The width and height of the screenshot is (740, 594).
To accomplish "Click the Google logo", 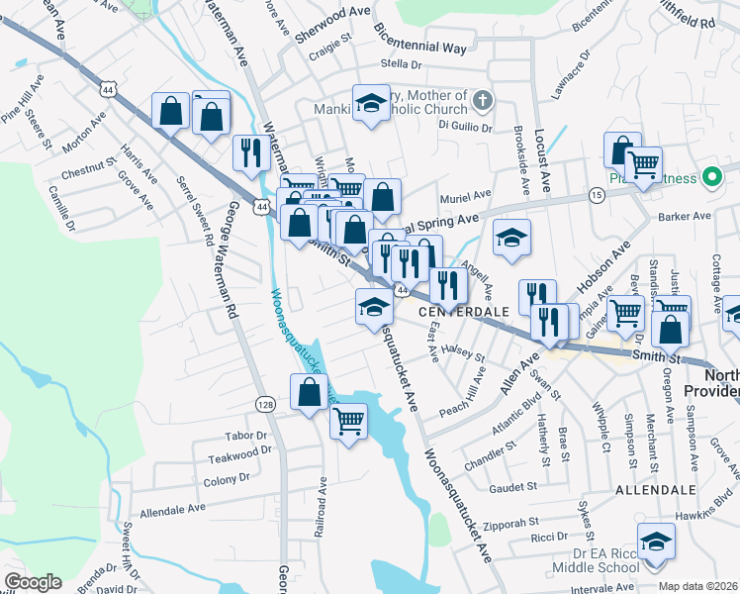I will tap(33, 582).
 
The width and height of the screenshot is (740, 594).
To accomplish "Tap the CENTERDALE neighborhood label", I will tap(463, 311).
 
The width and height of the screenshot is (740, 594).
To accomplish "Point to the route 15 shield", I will tap(596, 196).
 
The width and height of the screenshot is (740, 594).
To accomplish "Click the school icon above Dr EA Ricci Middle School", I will tap(655, 543).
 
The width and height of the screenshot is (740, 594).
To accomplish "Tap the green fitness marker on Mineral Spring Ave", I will tap(709, 178).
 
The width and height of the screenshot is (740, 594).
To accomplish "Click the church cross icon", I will tap(483, 100).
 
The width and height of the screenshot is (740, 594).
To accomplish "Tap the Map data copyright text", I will tap(698, 586).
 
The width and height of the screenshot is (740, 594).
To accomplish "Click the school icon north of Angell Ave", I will tap(511, 238).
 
